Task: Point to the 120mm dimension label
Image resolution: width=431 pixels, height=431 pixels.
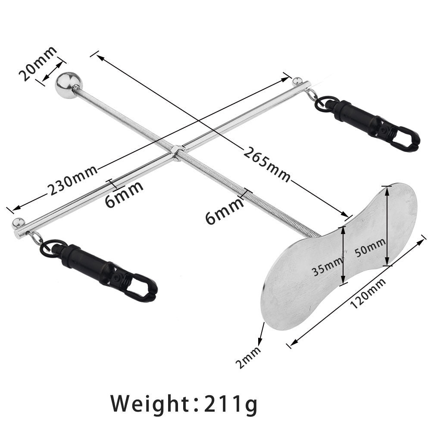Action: tap(367, 293)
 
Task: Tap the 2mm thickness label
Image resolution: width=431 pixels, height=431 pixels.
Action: tap(249, 357)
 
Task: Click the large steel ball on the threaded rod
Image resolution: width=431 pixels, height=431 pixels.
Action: tap(68, 85)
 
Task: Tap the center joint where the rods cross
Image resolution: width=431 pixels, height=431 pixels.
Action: tap(177, 152)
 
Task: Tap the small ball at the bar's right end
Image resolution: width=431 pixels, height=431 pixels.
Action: tap(297, 81)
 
